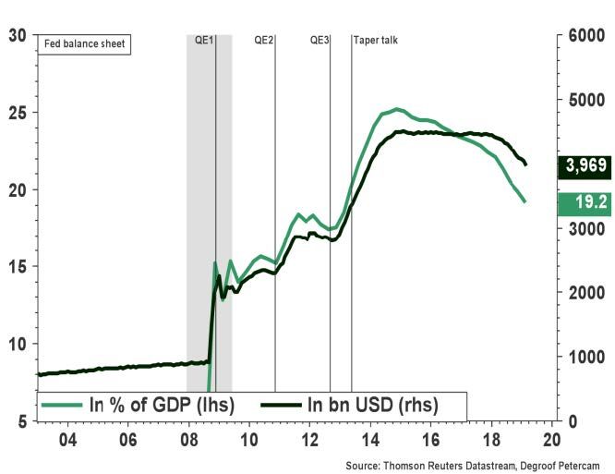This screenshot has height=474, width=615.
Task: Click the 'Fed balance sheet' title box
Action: click(x=83, y=43)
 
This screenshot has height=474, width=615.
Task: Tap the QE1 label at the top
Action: click(x=204, y=41)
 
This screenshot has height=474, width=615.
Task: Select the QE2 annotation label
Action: click(x=264, y=41)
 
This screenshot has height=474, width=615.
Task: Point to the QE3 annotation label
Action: click(x=320, y=41)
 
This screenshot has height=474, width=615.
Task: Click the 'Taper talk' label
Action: click(x=377, y=41)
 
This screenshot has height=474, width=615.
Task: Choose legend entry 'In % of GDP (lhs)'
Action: click(x=138, y=405)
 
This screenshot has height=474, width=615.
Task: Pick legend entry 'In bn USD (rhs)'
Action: click(x=350, y=405)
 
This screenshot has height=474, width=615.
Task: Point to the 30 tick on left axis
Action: click(x=16, y=36)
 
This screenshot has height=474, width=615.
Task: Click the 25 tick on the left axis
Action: click(x=16, y=113)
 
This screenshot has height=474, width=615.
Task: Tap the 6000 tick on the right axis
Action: click(x=584, y=36)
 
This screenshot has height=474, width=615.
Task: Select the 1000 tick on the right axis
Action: click(x=584, y=357)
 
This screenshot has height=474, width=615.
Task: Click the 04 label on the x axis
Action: click(x=67, y=439)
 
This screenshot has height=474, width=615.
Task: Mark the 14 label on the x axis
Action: click(x=370, y=439)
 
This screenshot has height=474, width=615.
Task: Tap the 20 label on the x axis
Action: click(x=552, y=439)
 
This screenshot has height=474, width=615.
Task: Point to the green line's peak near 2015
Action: click(x=396, y=109)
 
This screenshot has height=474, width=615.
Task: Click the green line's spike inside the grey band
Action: click(x=215, y=262)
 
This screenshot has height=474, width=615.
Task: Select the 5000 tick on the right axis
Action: click(x=584, y=100)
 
